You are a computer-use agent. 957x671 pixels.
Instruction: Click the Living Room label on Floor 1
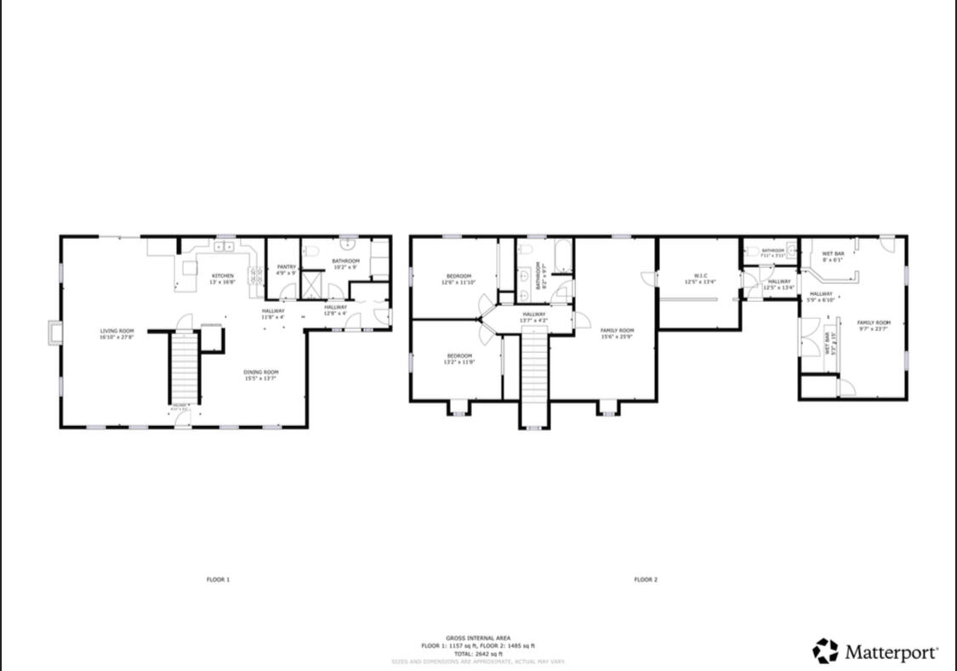117,334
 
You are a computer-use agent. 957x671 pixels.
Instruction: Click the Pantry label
286,270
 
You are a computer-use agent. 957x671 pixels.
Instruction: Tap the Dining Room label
262,375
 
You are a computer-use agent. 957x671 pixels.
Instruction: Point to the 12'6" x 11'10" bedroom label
459,279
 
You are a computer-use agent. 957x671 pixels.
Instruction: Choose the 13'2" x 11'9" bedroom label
459,358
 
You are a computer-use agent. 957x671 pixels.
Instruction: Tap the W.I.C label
701,278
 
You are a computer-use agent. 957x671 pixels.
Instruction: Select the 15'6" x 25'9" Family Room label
617,333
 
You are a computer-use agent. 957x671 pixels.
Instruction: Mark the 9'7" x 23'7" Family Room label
873,326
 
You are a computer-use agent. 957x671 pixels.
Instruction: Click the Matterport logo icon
825,651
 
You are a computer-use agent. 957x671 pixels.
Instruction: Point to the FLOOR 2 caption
646,580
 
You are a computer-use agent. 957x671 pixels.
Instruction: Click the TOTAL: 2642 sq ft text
478,653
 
